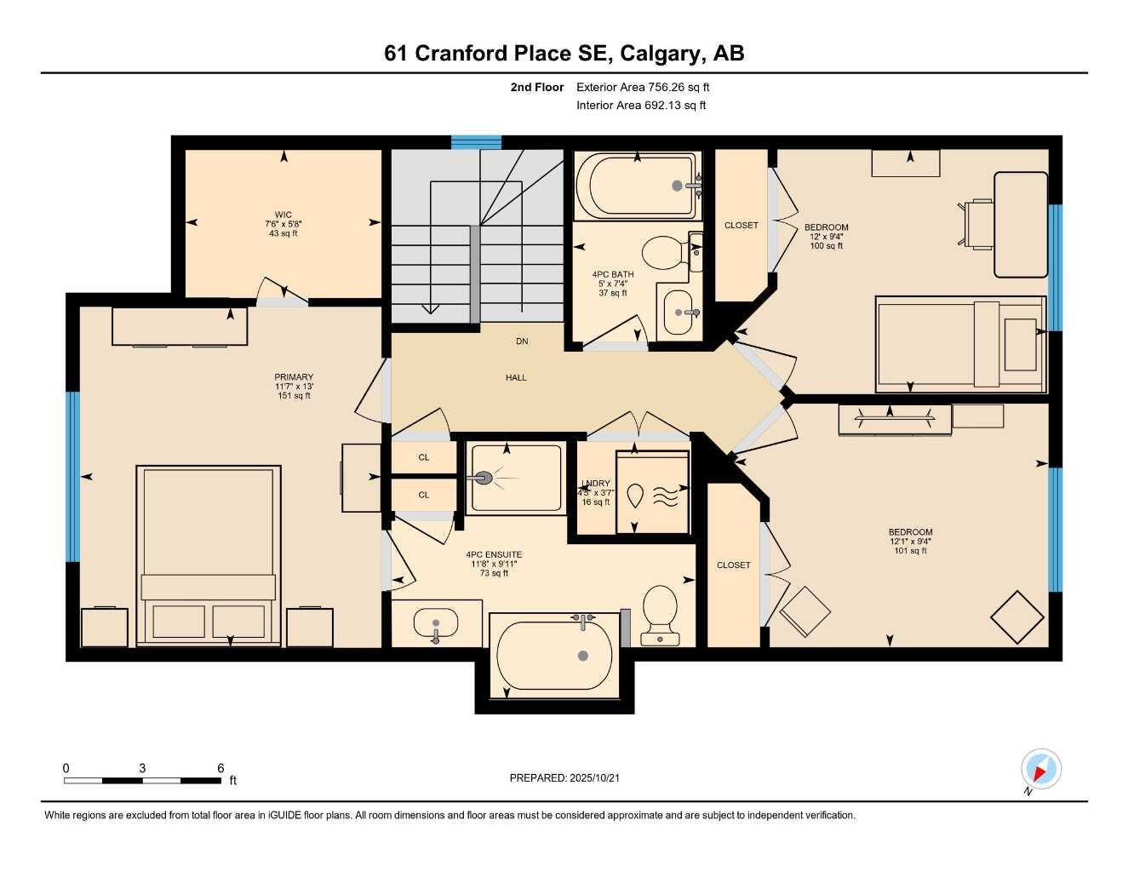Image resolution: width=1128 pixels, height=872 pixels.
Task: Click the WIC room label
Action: pyautogui.click(x=283, y=215)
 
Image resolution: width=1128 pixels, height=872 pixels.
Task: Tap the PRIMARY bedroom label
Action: pyautogui.click(x=294, y=377)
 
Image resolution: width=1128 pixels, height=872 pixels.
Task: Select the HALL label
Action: pyautogui.click(x=516, y=377)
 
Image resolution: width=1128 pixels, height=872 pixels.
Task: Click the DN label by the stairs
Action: pyautogui.click(x=522, y=341)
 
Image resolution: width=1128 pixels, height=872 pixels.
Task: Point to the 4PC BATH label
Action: pyautogui.click(x=612, y=275)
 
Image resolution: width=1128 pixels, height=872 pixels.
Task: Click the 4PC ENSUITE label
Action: pyautogui.click(x=494, y=554)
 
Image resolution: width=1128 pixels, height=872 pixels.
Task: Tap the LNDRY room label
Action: pyautogui.click(x=595, y=484)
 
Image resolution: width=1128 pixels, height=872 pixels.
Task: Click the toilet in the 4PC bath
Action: pyautogui.click(x=662, y=253)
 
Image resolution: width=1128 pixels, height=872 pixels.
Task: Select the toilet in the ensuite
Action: pyautogui.click(x=660, y=611)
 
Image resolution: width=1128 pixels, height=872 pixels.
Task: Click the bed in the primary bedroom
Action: pyautogui.click(x=209, y=554)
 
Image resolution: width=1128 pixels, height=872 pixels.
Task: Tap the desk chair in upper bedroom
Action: pyautogui.click(x=977, y=224)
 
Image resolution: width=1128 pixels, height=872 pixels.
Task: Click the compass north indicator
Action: pyautogui.click(x=1040, y=770)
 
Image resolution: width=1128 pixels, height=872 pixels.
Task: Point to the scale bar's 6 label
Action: pyautogui.click(x=220, y=768)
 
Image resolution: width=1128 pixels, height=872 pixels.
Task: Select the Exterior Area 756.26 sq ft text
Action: pyautogui.click(x=643, y=87)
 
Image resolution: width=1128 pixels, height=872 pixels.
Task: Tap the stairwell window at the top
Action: pyautogui.click(x=476, y=142)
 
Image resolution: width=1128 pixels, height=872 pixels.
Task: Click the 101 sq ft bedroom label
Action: pyautogui.click(x=910, y=550)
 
